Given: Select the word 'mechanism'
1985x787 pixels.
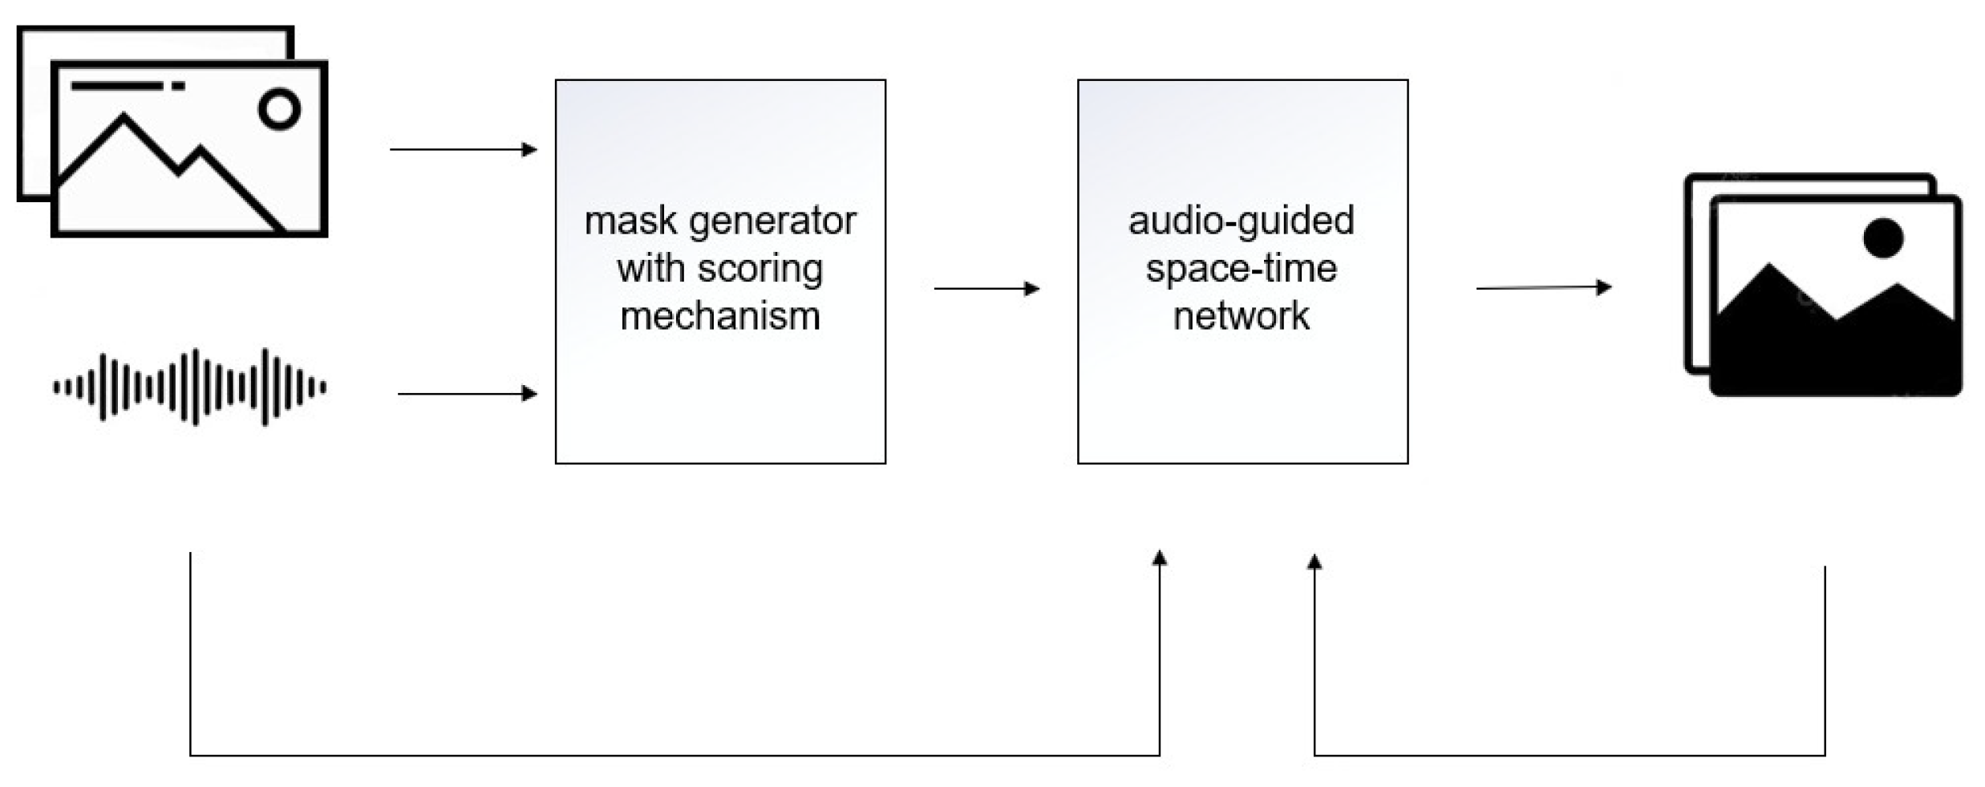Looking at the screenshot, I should pyautogui.click(x=719, y=316).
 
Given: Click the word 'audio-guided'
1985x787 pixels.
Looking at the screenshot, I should pyautogui.click(x=1241, y=221).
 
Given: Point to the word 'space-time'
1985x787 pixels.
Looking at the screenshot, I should pyautogui.click(x=1241, y=269).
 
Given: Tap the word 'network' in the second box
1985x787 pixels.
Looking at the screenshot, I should pyautogui.click(x=1241, y=316).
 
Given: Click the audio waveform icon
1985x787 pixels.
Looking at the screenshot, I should pyautogui.click(x=189, y=387).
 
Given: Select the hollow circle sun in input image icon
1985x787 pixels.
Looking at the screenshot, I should pyautogui.click(x=279, y=109).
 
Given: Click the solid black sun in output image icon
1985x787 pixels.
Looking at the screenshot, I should pyautogui.click(x=1882, y=238).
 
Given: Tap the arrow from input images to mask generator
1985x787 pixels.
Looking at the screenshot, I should pyautogui.click(x=463, y=149).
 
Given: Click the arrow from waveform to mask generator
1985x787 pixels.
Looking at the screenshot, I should pyautogui.click(x=467, y=394).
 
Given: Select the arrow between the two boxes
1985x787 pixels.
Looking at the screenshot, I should pyautogui.click(x=986, y=288).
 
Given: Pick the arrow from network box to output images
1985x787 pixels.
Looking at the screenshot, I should pyautogui.click(x=1543, y=287).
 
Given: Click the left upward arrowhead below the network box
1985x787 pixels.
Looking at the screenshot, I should pyautogui.click(x=1159, y=559).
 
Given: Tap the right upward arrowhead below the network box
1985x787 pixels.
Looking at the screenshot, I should pyautogui.click(x=1314, y=563).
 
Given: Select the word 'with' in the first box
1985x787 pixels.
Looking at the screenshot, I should pyautogui.click(x=650, y=269).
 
